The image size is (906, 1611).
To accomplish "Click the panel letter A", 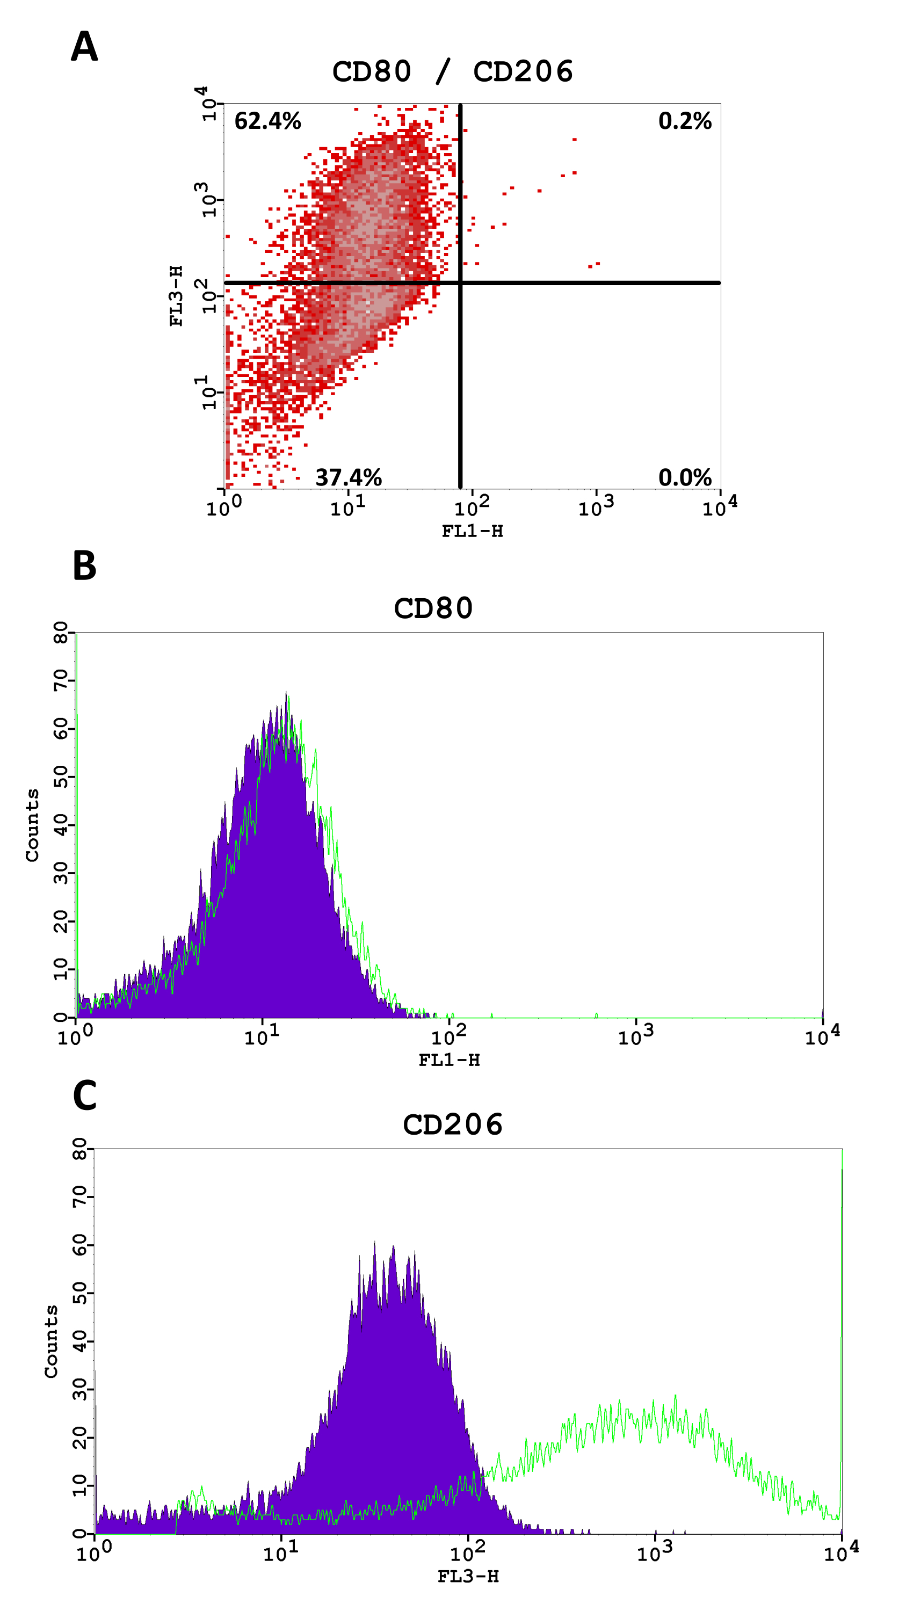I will pyautogui.click(x=84, y=47).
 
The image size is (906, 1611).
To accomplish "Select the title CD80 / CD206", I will pyautogui.click(x=452, y=71).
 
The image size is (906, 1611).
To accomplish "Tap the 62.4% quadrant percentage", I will pyautogui.click(x=267, y=121).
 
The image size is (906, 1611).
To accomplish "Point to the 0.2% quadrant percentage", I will pyautogui.click(x=685, y=121).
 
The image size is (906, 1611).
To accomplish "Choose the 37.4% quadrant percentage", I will pyautogui.click(x=348, y=477).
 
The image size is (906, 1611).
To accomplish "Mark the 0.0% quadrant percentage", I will pyautogui.click(x=685, y=477).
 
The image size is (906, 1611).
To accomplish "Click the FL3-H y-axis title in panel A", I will pyautogui.click(x=176, y=296).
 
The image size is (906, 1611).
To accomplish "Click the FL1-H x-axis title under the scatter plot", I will pyautogui.click(x=472, y=531).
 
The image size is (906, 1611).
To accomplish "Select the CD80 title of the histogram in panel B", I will pyautogui.click(x=433, y=608).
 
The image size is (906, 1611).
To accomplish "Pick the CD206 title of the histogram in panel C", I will pyautogui.click(x=453, y=1124).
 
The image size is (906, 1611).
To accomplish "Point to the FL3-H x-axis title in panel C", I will pyautogui.click(x=468, y=1576).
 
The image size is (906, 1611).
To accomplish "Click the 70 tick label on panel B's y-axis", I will pyautogui.click(x=61, y=680).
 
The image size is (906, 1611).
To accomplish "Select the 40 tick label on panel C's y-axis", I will pyautogui.click(x=79, y=1341).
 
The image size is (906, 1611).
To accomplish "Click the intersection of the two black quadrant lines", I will pyautogui.click(x=460, y=282).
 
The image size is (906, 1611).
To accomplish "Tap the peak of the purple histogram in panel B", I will pyautogui.click(x=286, y=693).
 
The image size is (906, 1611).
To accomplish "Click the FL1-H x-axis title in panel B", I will pyautogui.click(x=449, y=1060).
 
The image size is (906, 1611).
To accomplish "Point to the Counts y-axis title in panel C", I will pyautogui.click(x=50, y=1341).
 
